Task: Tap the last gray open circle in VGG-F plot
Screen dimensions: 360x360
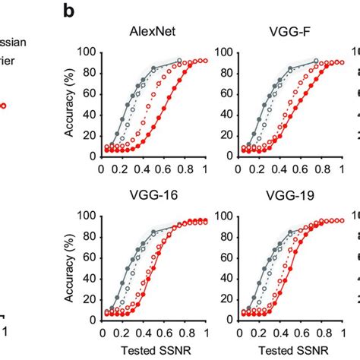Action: pyautogui.click(x=316, y=61)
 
